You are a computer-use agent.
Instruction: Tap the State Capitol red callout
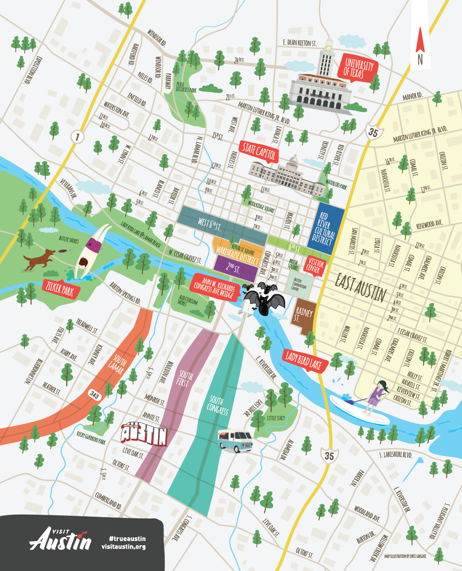click(259, 151)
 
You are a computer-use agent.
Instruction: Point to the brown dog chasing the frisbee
click(39, 259)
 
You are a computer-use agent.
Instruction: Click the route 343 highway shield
click(94, 395)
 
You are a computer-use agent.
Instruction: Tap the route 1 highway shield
click(77, 137)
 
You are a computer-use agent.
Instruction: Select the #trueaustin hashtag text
click(127, 538)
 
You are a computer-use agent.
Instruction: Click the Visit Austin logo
click(60, 539)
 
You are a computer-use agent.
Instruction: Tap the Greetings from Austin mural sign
click(143, 436)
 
